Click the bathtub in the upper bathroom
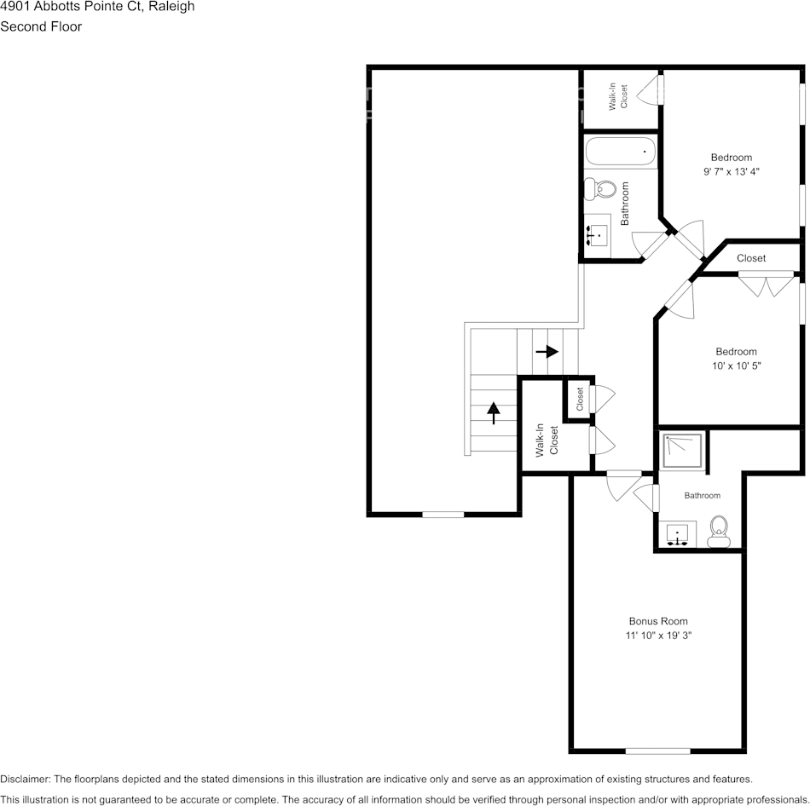tap(621, 153)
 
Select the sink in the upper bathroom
tap(598, 231)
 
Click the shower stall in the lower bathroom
tap(682, 451)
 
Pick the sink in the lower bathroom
tap(680, 534)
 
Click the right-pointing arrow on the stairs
tap(547, 351)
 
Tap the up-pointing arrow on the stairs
tap(494, 412)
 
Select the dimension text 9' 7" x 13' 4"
tap(731, 171)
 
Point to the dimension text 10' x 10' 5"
tap(737, 366)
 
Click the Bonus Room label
tap(658, 621)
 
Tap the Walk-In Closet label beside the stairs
tap(546, 440)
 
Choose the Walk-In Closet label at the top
tap(617, 95)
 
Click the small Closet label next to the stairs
tap(580, 398)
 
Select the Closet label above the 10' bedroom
tap(751, 258)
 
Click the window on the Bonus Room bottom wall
tap(657, 751)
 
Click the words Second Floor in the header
tap(41, 26)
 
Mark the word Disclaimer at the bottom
tap(25, 779)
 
